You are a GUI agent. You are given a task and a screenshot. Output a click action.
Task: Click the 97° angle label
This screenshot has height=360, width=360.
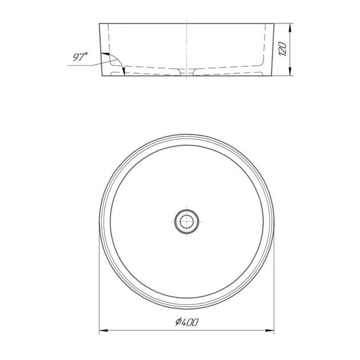click(x=80, y=57)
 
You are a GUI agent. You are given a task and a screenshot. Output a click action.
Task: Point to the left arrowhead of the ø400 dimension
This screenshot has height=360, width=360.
click(x=103, y=330)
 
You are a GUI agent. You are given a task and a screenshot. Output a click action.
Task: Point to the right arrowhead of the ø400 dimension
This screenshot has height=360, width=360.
click(x=271, y=330)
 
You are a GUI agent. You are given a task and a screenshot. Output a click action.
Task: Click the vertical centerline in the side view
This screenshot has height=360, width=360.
click(x=187, y=46)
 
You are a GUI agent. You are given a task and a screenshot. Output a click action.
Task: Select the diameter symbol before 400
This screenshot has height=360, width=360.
click(x=178, y=323)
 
